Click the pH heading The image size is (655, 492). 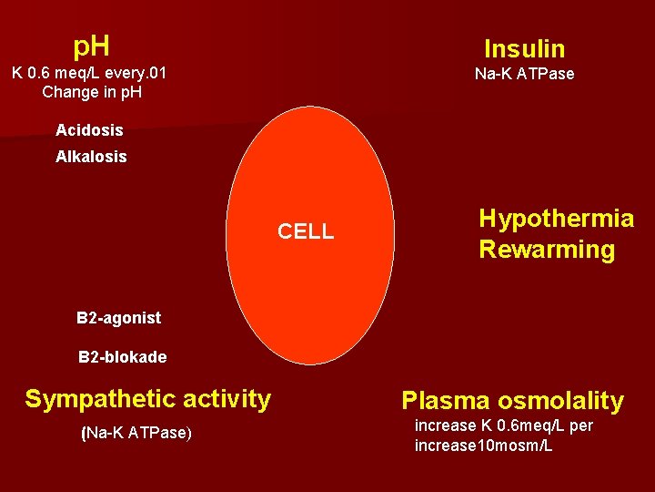click(x=91, y=45)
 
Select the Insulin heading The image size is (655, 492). click(x=524, y=49)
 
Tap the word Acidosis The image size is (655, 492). click(x=89, y=130)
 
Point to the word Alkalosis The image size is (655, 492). click(x=91, y=157)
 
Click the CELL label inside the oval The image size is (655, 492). click(x=306, y=231)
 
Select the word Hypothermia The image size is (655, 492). click(x=556, y=219)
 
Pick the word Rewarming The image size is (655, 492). click(x=547, y=250)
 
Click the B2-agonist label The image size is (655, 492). click(x=118, y=318)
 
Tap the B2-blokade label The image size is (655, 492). click(x=122, y=357)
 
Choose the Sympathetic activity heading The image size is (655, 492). click(x=147, y=399)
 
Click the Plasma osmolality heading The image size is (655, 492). click(x=512, y=401)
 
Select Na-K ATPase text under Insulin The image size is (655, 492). click(x=524, y=75)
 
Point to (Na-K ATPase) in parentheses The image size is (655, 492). click(x=136, y=434)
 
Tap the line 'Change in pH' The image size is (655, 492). click(x=91, y=92)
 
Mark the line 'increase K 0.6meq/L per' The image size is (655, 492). click(x=503, y=426)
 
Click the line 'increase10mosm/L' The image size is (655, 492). click(x=483, y=446)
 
